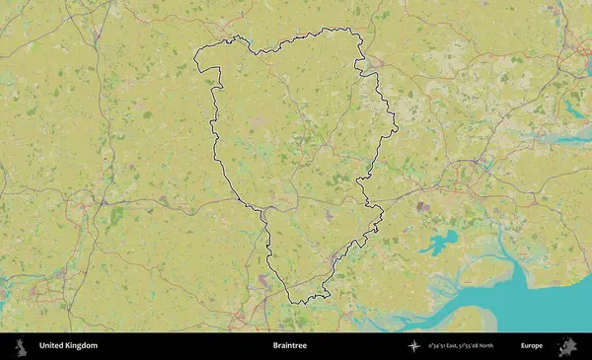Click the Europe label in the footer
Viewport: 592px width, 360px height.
coord(532,346)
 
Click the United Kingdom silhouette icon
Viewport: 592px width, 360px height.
coord(20,346)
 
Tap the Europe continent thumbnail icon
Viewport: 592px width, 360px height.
coord(567,346)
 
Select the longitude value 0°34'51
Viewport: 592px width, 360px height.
coord(438,346)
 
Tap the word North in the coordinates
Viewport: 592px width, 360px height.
coord(496,346)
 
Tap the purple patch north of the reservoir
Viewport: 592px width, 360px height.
coord(422,207)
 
